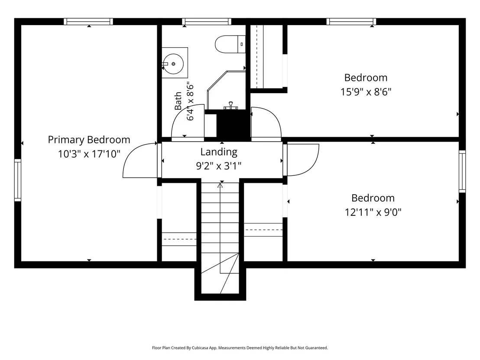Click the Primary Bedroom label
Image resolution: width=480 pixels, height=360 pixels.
pyautogui.click(x=89, y=139)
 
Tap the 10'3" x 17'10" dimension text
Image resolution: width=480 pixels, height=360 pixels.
pyautogui.click(x=89, y=154)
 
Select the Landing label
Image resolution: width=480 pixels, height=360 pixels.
pyautogui.click(x=219, y=152)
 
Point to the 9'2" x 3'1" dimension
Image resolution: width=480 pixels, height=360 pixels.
pyautogui.click(x=219, y=166)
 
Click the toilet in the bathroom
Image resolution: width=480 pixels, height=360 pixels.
pyautogui.click(x=230, y=44)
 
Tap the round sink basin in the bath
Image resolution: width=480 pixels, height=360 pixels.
pyautogui.click(x=173, y=64)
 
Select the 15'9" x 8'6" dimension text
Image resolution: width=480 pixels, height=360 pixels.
pyautogui.click(x=366, y=91)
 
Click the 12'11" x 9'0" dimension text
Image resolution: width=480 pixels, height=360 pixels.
pyautogui.click(x=373, y=212)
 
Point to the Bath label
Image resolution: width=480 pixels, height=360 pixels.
pyautogui.click(x=178, y=101)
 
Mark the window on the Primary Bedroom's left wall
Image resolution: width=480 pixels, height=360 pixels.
pyautogui.click(x=18, y=180)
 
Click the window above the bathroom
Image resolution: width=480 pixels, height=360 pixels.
pyautogui.click(x=207, y=21)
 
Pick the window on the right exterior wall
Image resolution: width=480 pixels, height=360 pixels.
pyautogui.click(x=462, y=172)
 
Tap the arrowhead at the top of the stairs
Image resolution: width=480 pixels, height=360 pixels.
pyautogui.click(x=220, y=185)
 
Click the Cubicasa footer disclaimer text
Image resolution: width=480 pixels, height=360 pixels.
pyautogui.click(x=240, y=348)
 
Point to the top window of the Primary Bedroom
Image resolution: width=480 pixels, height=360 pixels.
pyautogui.click(x=88, y=21)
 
